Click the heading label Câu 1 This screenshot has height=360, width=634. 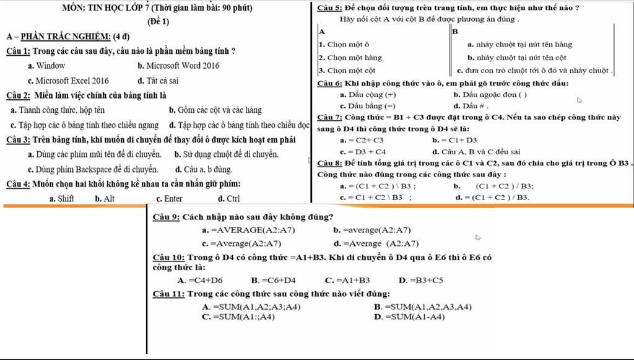18,51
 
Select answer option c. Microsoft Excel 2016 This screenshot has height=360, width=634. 68,81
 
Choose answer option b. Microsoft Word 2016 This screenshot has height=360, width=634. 178,65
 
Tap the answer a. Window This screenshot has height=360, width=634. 46,65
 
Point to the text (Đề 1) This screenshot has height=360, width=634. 158,22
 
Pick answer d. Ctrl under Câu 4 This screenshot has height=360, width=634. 229,199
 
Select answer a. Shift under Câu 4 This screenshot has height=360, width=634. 62,199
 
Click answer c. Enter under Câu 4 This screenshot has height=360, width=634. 169,199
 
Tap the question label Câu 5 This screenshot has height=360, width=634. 329,8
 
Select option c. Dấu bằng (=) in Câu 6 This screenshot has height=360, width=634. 368,106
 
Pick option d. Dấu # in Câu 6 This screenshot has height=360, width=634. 467,106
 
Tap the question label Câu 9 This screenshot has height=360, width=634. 166,217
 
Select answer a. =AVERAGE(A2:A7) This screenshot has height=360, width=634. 249,230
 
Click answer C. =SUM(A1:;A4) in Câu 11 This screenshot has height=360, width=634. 238,317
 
